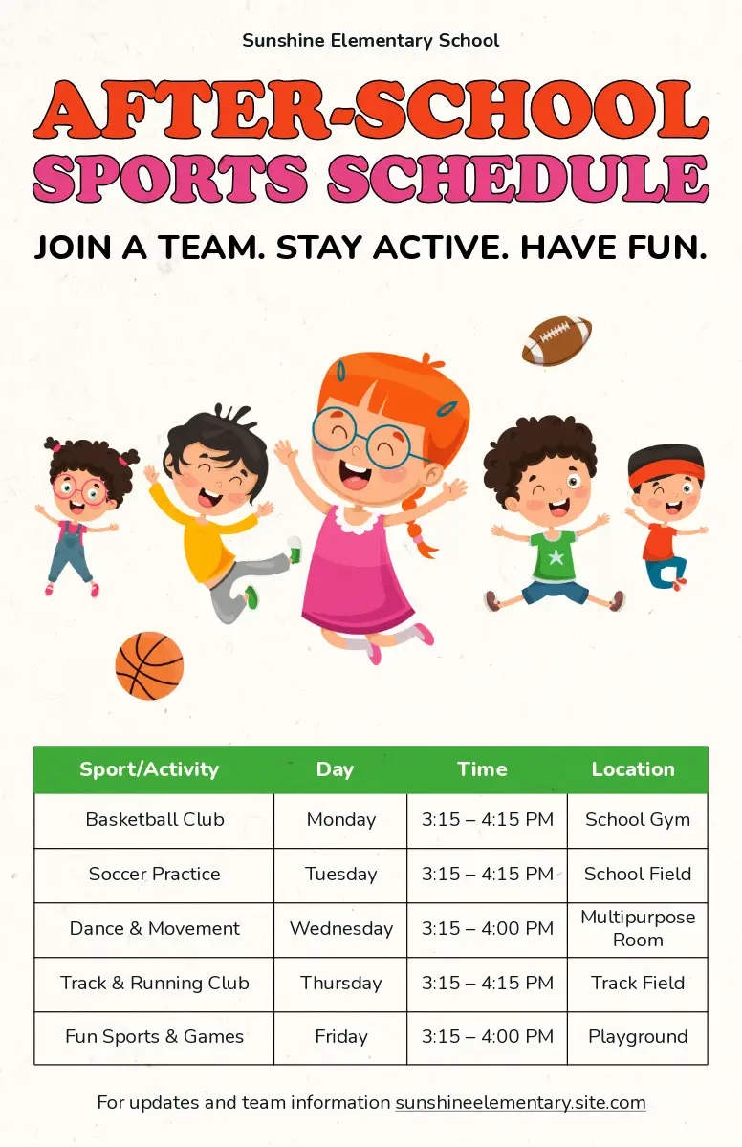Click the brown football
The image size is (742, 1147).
click(556, 340)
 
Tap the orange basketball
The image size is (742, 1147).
click(149, 665)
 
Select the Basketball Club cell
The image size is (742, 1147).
click(155, 819)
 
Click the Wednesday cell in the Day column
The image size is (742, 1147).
click(341, 928)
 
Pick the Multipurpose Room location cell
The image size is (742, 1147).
click(638, 928)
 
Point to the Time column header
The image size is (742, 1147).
click(482, 769)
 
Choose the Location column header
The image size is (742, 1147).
click(633, 769)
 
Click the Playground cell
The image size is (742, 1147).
click(638, 1036)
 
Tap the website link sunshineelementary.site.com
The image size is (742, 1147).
click(520, 1102)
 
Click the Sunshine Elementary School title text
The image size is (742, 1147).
click(371, 40)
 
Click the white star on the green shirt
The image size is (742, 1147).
click(556, 556)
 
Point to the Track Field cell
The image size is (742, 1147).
click(638, 983)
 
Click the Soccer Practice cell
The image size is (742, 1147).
click(155, 874)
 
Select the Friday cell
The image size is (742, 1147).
click(341, 1036)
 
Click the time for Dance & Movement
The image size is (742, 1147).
click(488, 928)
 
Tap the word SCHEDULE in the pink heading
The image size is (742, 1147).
click(518, 177)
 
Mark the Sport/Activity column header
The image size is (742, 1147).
click(149, 769)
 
